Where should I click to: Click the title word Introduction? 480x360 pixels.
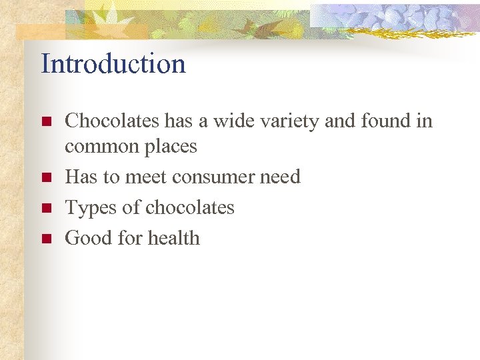113,64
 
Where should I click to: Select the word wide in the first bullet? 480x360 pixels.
227,121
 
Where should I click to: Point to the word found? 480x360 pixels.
384,121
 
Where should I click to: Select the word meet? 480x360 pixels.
145,177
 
